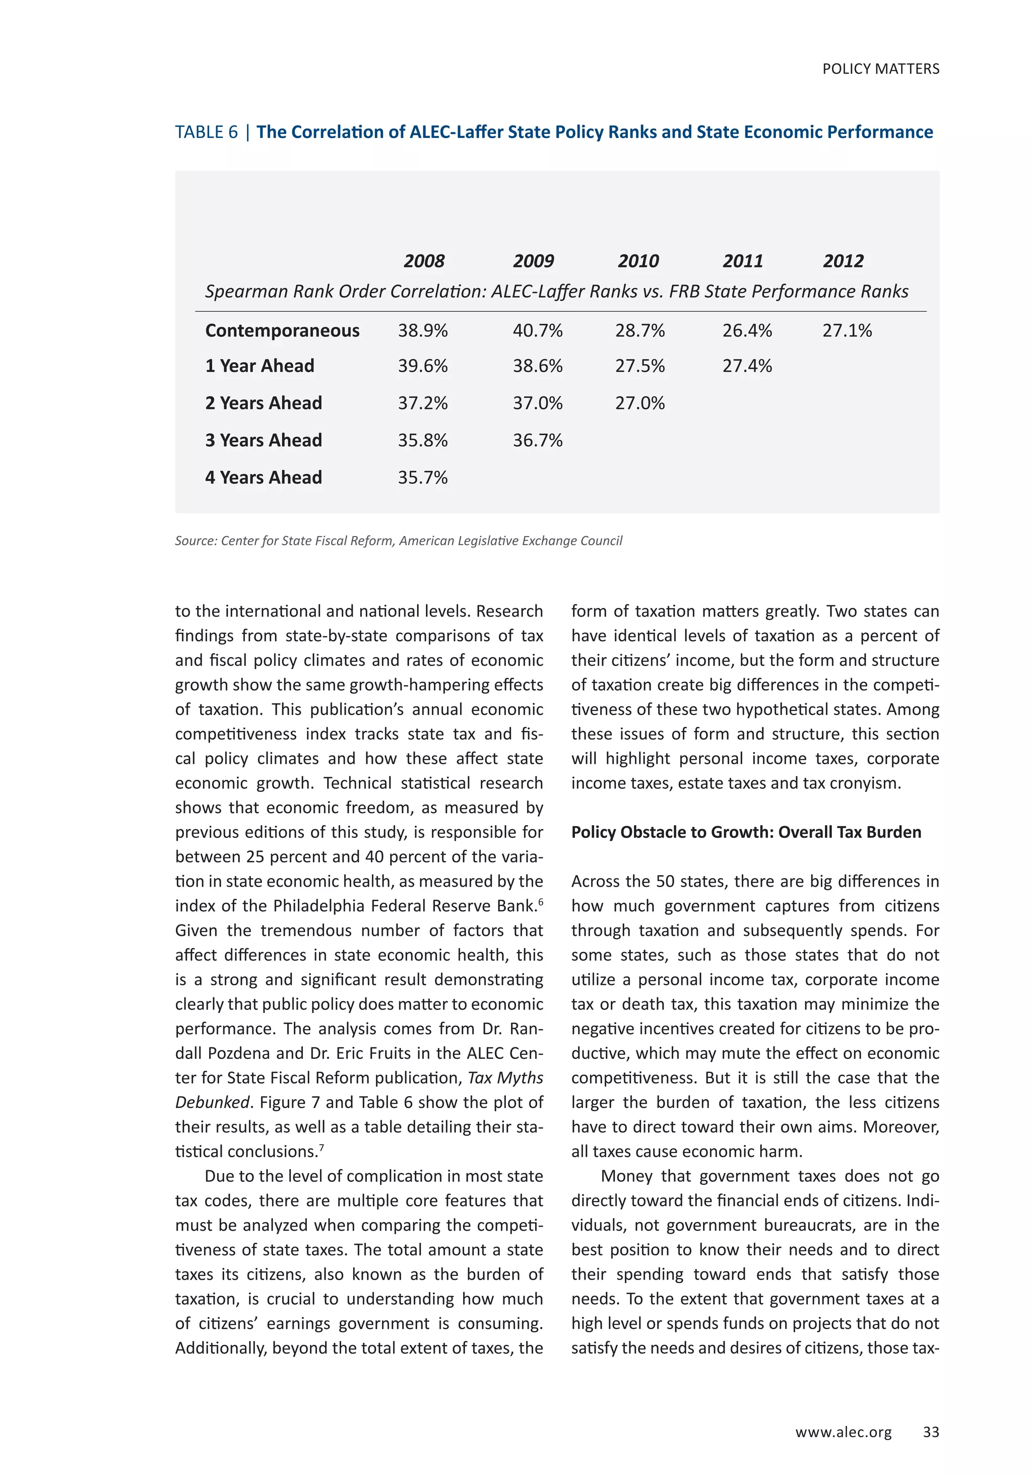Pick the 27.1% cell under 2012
(x=847, y=330)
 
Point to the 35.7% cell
(x=423, y=478)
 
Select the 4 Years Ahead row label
(x=264, y=478)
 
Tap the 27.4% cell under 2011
(x=746, y=366)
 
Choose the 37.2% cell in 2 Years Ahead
(x=423, y=403)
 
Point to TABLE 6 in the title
(x=206, y=132)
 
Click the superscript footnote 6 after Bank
(x=541, y=902)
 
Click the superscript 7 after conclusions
(x=321, y=1147)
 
